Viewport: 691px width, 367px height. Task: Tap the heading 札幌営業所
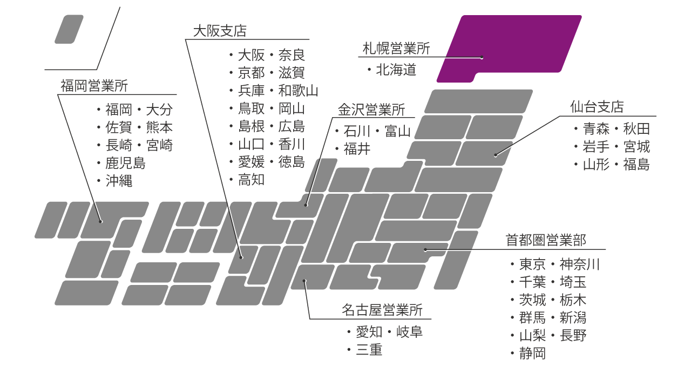[x=396, y=49]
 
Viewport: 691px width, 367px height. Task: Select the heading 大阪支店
[x=220, y=31]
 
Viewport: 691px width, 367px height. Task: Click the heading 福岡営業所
[x=94, y=86]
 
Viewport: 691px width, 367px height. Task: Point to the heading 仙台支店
[x=597, y=107]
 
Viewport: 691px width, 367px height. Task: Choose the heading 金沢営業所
[x=371, y=110]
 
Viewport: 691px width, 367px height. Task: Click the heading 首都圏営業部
[x=546, y=240]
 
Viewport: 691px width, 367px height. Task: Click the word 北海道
[x=396, y=70]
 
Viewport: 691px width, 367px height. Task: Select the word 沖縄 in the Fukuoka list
[x=119, y=181]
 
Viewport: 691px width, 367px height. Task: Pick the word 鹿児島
[x=126, y=163]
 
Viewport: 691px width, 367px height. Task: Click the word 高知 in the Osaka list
[x=252, y=180]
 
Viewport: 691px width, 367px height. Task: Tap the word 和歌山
[x=299, y=91]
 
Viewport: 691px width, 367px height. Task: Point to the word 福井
[x=357, y=149]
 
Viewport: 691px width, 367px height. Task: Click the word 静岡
[x=533, y=354]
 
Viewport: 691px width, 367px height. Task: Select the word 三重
[x=369, y=350]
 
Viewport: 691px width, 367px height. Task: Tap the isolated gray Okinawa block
[x=69, y=29]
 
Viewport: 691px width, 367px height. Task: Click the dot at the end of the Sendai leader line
[x=496, y=155]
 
